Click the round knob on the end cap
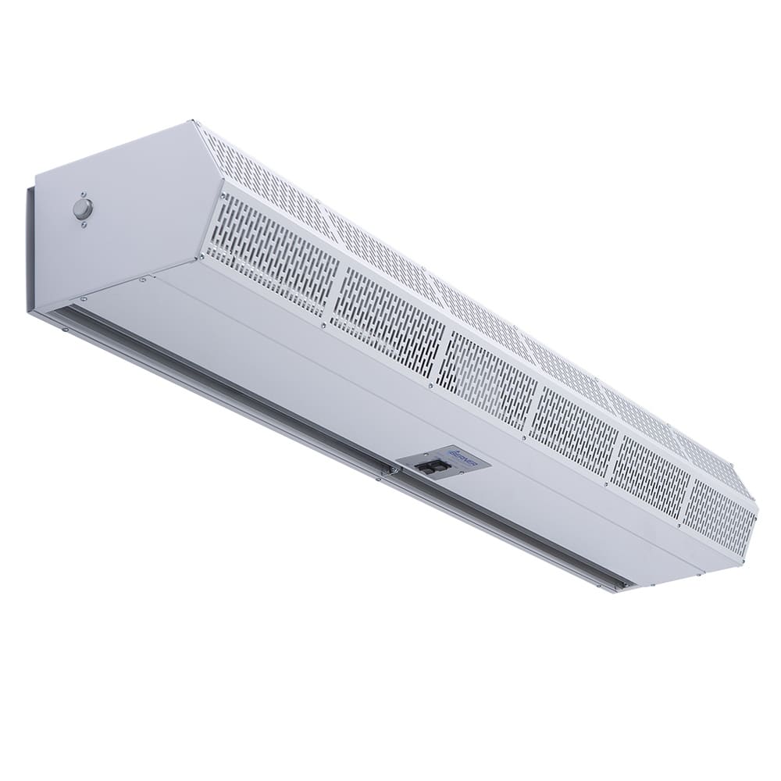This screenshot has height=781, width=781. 82,209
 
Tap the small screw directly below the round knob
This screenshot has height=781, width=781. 83,225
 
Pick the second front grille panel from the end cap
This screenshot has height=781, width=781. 386,313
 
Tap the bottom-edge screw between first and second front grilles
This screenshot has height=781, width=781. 323,325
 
